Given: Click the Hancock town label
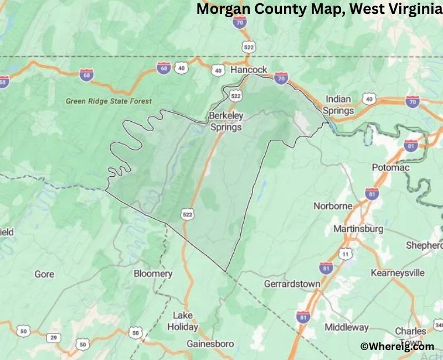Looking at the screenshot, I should coord(249,70).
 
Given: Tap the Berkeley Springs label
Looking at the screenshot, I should coord(225,121).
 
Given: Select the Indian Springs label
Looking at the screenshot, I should coord(338,105).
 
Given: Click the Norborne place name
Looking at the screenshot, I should coord(333,205).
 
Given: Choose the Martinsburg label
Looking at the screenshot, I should coord(358,228).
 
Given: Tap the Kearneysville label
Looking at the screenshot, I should coord(398,272).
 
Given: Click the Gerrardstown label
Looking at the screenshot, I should coord(292,284).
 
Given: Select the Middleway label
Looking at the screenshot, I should coord(347,327).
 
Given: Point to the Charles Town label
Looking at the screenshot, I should coord(410,336).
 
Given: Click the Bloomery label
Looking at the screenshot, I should coord(153,274).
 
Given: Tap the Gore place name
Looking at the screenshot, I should coord(44,274).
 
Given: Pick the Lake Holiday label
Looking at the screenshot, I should coord(183,321).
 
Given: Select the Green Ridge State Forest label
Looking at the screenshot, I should coord(109,101).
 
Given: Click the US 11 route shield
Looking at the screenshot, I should coord(346,254).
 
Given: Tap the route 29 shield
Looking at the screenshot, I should coord(54,337).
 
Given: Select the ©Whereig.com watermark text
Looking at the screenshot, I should coord(397,346).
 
